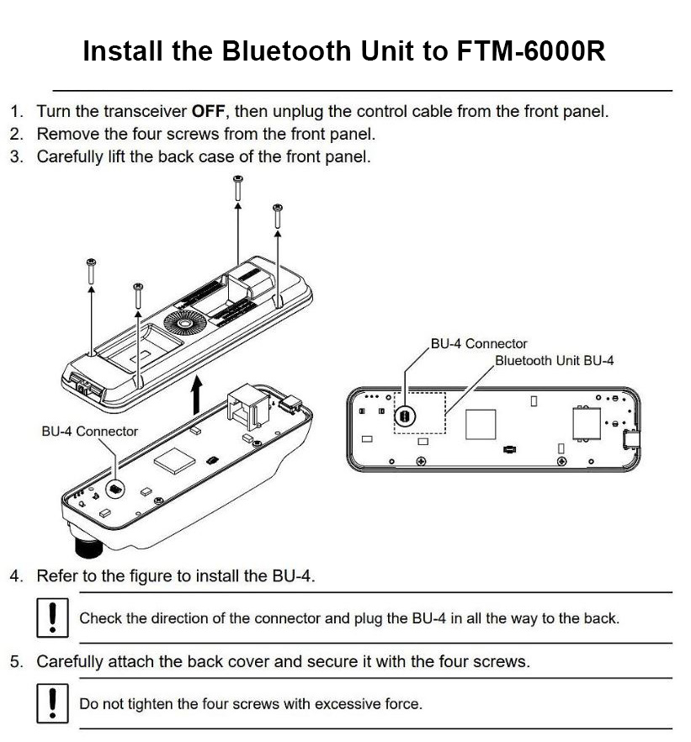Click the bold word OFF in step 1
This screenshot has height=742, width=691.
(x=208, y=112)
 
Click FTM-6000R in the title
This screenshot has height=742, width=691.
(x=531, y=50)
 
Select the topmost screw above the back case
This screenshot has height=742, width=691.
(x=238, y=188)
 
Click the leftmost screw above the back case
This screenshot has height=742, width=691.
(x=92, y=271)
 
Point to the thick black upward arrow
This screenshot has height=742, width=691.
(x=197, y=395)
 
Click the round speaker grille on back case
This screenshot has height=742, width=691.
(x=185, y=323)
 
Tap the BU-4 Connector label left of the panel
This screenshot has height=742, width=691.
(x=89, y=431)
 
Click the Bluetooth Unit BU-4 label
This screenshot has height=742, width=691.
(x=554, y=361)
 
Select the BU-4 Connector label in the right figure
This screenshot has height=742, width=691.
(x=479, y=343)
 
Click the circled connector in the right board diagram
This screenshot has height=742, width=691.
(x=405, y=416)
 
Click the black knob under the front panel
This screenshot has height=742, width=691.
(x=89, y=544)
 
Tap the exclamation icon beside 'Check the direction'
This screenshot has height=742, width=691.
(x=52, y=617)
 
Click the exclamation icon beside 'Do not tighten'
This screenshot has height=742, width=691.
(x=52, y=703)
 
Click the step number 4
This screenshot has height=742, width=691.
(x=16, y=576)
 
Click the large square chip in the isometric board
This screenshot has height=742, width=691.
(x=174, y=460)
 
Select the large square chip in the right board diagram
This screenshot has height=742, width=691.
(x=481, y=424)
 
